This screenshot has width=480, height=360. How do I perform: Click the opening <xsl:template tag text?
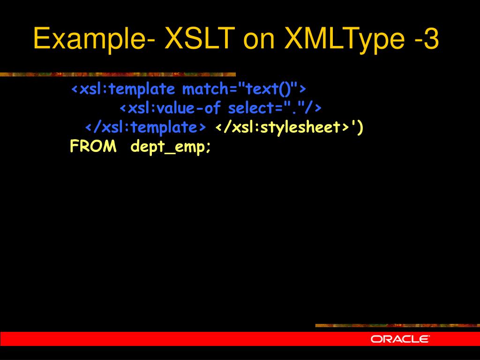tap(123, 89)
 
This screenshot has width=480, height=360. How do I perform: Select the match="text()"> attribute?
tap(244, 89)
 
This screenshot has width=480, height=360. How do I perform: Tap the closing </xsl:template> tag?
tap(145, 127)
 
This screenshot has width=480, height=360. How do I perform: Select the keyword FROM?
tap(93, 147)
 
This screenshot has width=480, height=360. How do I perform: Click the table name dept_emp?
tap(171, 147)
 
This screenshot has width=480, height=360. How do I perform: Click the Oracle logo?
tap(400, 339)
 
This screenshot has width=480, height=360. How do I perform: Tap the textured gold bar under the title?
tap(117, 74)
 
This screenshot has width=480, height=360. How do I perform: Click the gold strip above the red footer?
tap(397, 325)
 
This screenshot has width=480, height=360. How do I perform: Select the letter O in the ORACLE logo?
tap(376, 339)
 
